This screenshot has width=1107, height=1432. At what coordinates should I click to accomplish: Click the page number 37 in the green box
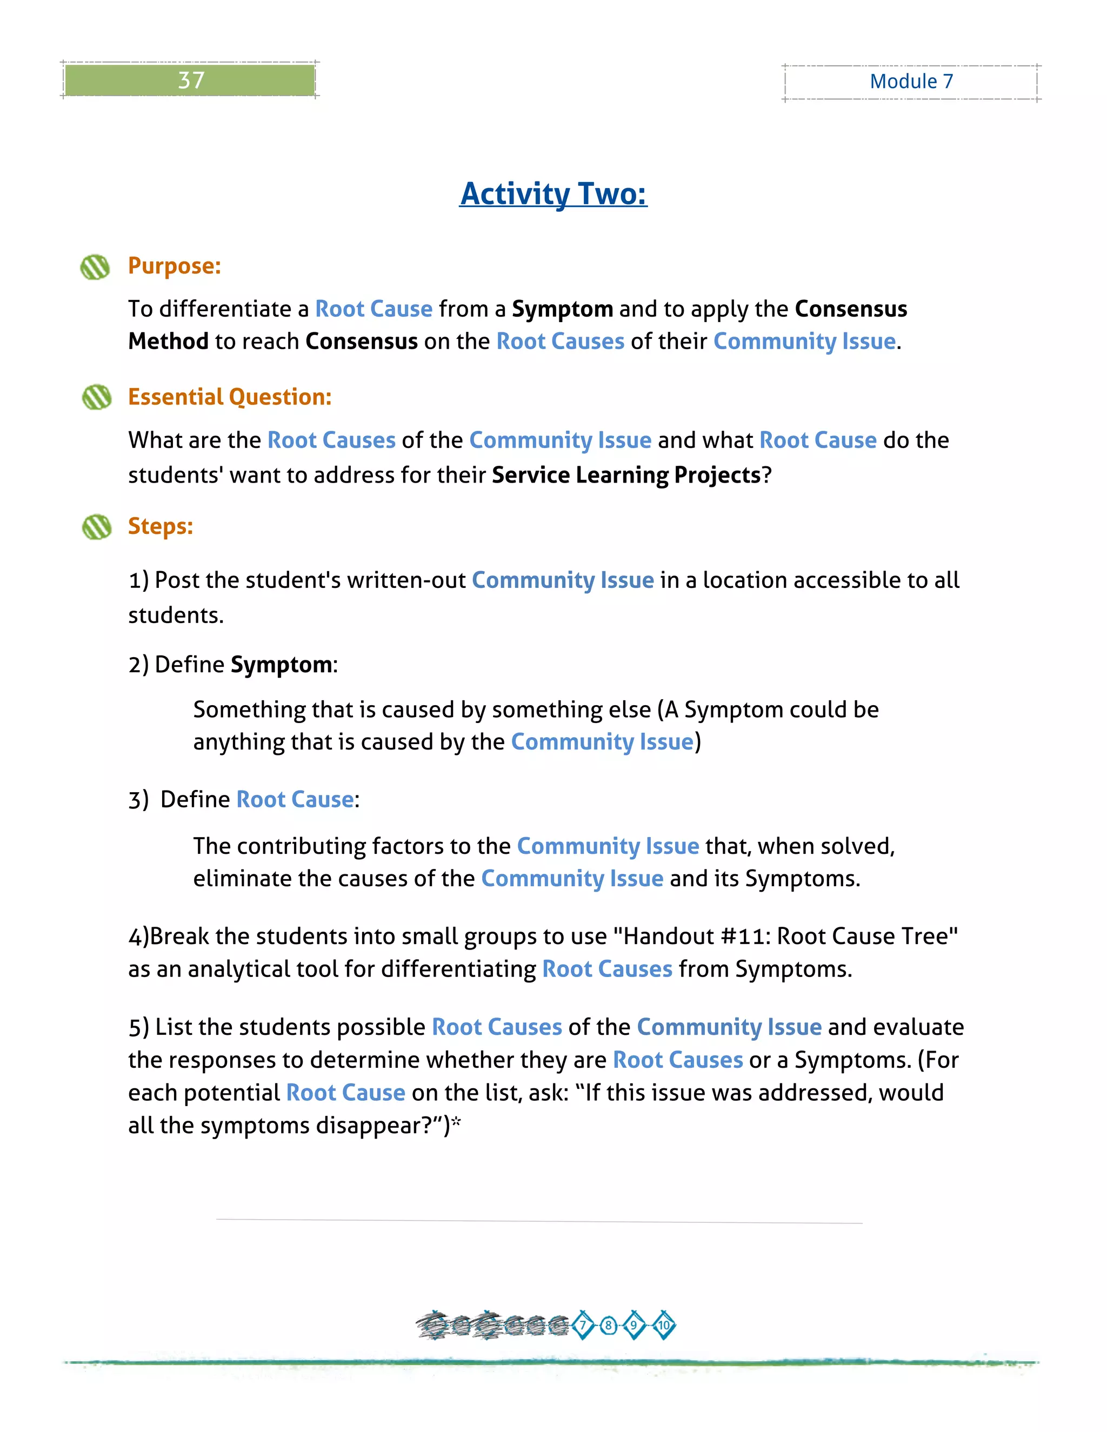(191, 80)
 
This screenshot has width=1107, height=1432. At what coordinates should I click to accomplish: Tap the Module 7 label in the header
(911, 81)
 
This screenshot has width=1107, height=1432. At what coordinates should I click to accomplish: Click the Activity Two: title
(553, 193)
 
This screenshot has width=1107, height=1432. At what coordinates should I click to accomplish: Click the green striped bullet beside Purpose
(95, 267)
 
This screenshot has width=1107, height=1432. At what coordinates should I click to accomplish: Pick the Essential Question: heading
(230, 397)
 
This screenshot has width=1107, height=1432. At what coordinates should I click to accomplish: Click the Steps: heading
(160, 526)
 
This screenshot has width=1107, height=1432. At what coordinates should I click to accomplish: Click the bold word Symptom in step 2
(281, 665)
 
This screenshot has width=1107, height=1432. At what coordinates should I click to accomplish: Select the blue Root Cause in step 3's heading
(295, 799)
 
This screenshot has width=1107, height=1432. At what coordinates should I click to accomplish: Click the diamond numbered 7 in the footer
(582, 1325)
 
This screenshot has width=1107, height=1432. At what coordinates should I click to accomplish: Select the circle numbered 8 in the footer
(609, 1325)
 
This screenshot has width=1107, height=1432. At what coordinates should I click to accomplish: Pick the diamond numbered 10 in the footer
(664, 1325)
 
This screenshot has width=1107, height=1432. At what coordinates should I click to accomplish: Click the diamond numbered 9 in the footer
(633, 1325)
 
